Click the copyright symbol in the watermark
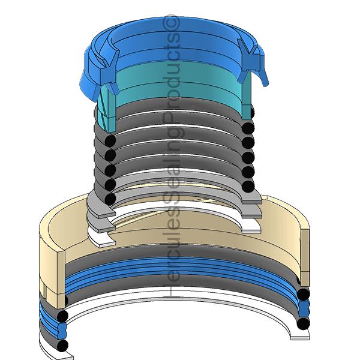171,23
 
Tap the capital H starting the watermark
171,290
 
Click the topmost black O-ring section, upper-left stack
110,141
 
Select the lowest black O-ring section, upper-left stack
110,199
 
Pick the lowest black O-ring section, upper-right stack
248,186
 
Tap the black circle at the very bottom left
62,346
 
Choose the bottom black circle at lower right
303,323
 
